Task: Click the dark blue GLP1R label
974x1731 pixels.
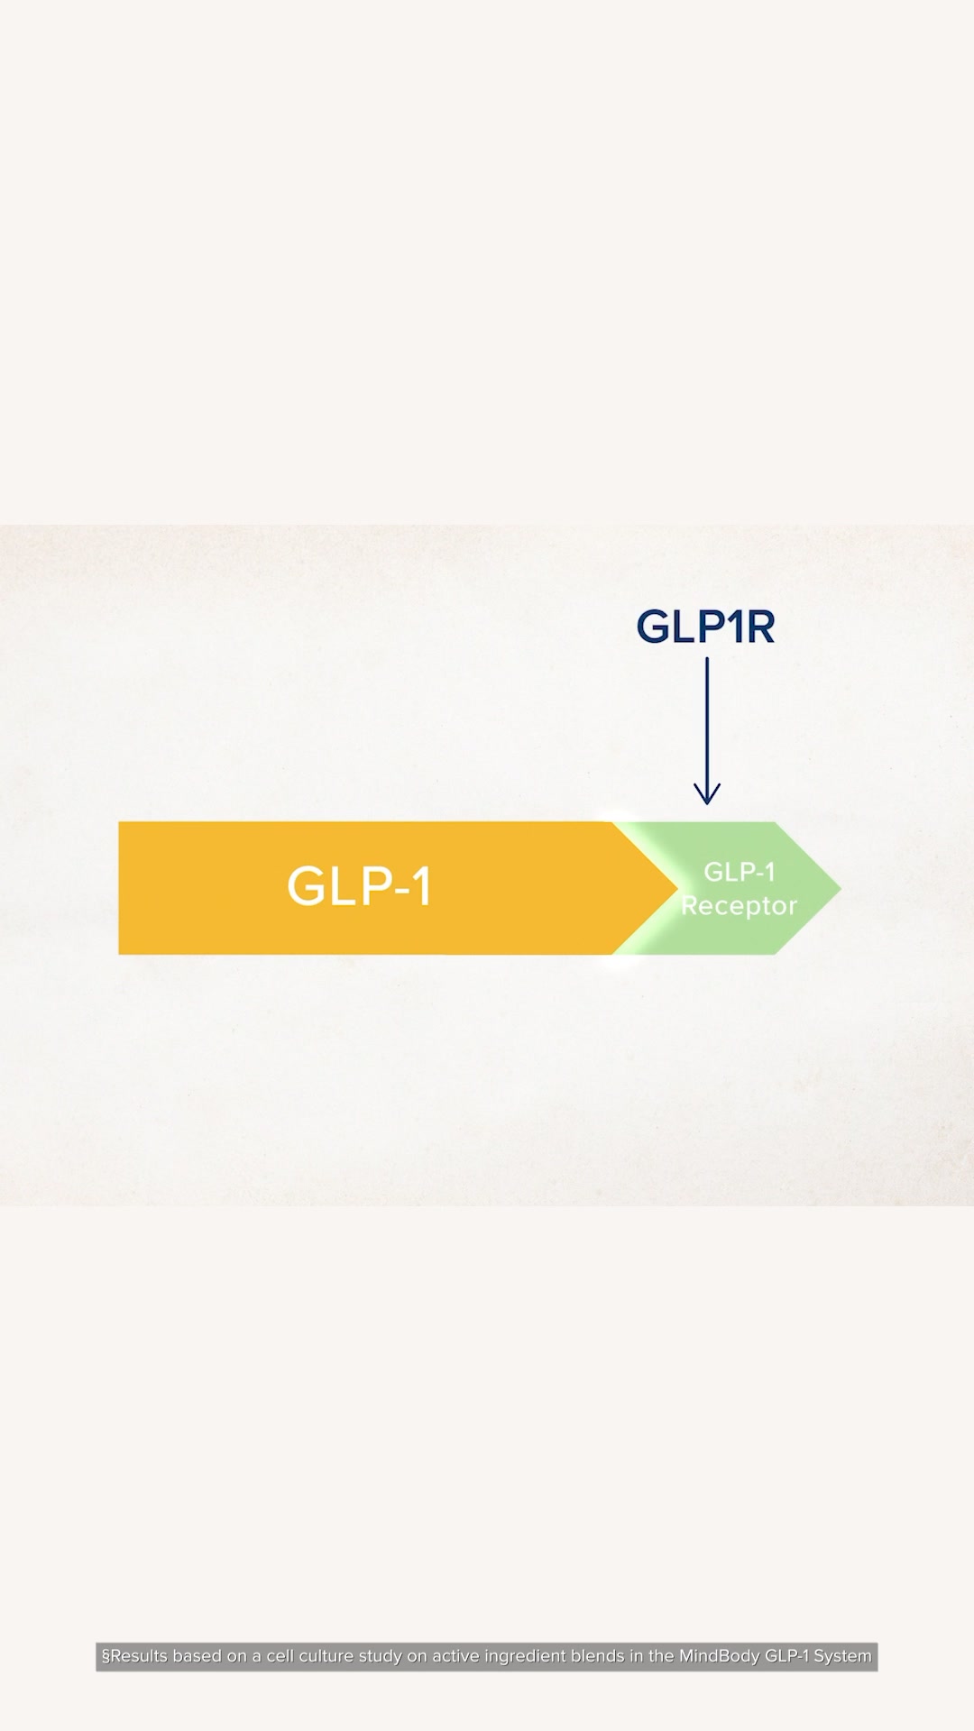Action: coord(705,627)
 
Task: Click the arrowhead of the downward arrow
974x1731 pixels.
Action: coord(707,793)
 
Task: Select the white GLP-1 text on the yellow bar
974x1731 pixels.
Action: coord(360,885)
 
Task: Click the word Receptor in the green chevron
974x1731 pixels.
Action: coord(739,905)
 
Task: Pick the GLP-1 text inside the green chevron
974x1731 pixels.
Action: coord(740,872)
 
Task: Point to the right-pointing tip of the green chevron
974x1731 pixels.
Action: coord(841,888)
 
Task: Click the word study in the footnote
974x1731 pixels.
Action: coord(381,1657)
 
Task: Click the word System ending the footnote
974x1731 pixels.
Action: coord(843,1657)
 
